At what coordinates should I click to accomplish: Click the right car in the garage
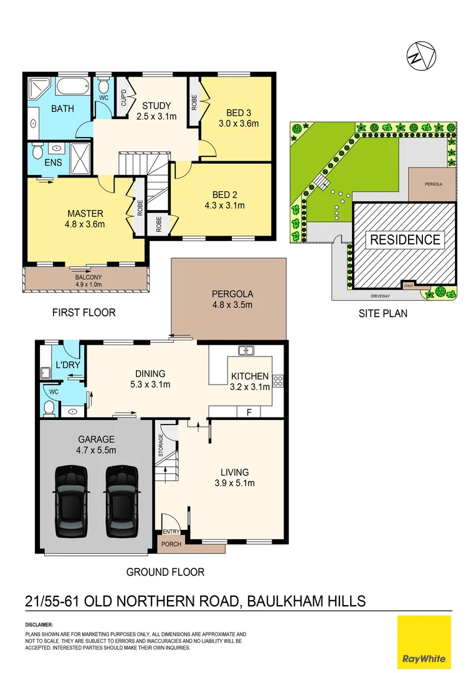click(120, 501)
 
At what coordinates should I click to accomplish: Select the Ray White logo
click(424, 642)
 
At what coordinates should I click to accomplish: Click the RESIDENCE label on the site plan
click(405, 240)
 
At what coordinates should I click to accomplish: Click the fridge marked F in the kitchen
click(249, 412)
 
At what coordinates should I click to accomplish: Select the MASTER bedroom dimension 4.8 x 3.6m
click(85, 224)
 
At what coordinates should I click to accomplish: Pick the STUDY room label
click(156, 105)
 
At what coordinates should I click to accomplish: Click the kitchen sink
click(247, 351)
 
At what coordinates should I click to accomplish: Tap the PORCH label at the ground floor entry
click(171, 544)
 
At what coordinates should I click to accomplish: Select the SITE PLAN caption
click(383, 313)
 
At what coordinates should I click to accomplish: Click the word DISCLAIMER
click(39, 624)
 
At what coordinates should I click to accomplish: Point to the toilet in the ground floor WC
click(49, 408)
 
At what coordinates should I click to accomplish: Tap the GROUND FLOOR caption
click(165, 571)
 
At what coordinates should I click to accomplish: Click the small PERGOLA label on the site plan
click(431, 184)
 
